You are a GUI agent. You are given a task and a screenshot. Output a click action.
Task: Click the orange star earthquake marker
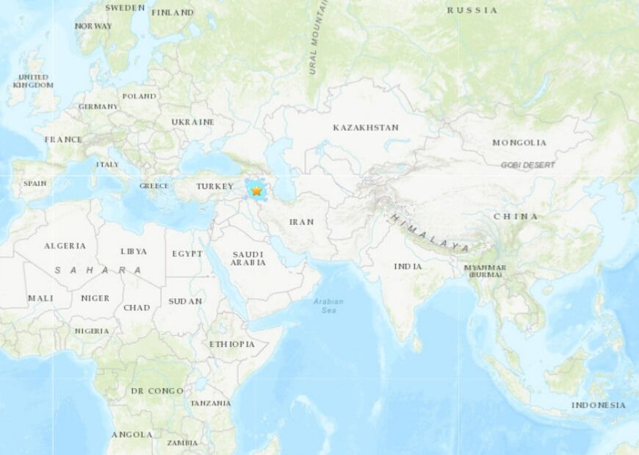[x=256, y=190]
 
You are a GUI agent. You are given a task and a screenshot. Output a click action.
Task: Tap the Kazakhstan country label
[x=365, y=127]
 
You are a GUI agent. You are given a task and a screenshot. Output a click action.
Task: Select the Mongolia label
[x=519, y=143]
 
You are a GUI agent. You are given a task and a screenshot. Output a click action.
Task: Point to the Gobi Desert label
[x=528, y=165]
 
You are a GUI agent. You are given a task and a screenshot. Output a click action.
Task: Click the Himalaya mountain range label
[x=430, y=234]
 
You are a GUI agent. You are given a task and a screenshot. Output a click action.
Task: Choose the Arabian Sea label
[x=328, y=306]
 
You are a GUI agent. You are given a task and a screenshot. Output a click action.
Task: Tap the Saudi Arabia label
[x=248, y=258]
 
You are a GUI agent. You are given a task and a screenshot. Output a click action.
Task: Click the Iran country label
[x=301, y=221]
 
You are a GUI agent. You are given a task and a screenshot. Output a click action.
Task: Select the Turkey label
[x=214, y=187]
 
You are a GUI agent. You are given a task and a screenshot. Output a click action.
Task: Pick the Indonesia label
[x=599, y=405]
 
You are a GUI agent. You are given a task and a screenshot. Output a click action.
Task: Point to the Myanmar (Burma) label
[x=485, y=271]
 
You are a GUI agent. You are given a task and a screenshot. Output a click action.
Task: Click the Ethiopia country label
[x=232, y=344]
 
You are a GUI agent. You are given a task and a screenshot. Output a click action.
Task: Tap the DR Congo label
[x=156, y=391]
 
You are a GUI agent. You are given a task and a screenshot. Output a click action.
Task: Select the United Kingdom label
[x=33, y=81]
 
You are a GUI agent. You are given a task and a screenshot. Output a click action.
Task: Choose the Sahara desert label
[x=98, y=271]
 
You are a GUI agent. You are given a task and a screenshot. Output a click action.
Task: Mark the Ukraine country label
[x=192, y=122]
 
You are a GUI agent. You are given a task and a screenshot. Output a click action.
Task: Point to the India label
[x=408, y=266]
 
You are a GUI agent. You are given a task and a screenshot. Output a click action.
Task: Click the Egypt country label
[x=187, y=254]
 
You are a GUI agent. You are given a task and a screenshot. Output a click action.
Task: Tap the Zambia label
[x=181, y=443]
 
